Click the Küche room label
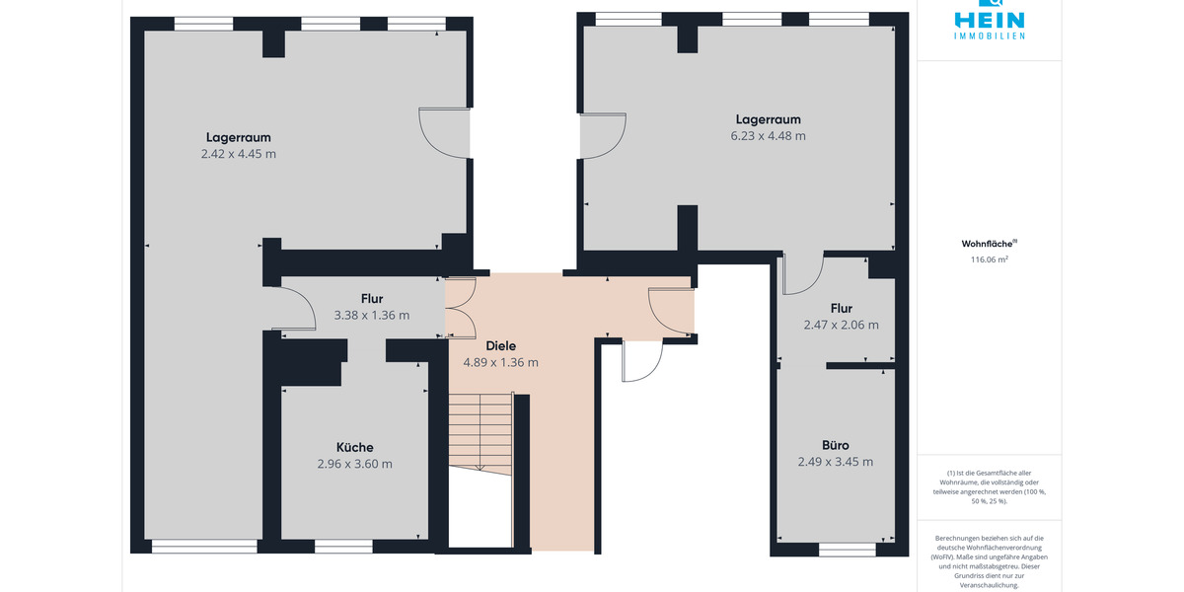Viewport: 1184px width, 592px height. (x=354, y=447)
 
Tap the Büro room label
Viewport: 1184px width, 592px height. (x=835, y=445)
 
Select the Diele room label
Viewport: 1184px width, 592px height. (x=500, y=345)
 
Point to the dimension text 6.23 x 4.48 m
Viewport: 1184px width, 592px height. (x=768, y=136)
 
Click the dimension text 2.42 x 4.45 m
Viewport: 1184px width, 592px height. (x=239, y=154)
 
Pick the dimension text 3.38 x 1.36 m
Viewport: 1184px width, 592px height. (x=372, y=315)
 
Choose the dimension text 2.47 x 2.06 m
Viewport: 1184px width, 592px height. (x=841, y=325)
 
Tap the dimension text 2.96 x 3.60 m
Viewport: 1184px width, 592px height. (x=354, y=464)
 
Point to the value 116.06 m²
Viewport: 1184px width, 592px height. (x=989, y=259)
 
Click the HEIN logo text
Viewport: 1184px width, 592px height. (x=989, y=21)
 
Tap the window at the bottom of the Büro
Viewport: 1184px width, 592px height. (x=848, y=550)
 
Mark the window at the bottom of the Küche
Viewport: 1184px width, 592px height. (x=343, y=547)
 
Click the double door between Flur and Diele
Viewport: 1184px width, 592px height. (x=461, y=308)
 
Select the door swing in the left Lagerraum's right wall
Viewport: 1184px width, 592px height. (x=445, y=132)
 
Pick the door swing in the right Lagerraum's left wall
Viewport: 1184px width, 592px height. (x=603, y=135)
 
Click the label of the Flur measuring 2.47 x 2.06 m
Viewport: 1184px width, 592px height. (x=841, y=308)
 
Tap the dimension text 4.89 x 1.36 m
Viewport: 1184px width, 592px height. (x=500, y=363)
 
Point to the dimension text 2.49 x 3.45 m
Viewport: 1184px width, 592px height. (x=835, y=462)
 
